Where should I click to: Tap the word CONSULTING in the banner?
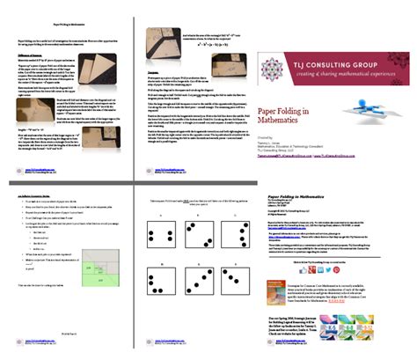[338, 62]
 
